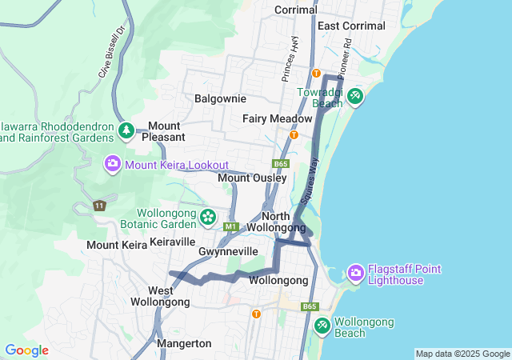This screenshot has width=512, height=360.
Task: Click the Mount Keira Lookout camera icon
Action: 113,164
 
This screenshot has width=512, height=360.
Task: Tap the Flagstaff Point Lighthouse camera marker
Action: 356,274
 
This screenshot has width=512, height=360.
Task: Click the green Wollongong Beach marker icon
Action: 322,326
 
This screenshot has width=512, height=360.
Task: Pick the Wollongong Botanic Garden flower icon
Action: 208,217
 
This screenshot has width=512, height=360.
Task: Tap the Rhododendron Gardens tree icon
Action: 126,130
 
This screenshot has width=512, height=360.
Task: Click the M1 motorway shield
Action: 231,227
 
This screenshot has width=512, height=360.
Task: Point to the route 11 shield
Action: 99,206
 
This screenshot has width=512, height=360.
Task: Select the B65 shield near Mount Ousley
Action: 280,164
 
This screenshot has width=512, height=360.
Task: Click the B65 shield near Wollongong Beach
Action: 310,306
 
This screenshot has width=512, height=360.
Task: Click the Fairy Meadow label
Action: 278,118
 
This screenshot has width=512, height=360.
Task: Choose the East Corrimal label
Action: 351,26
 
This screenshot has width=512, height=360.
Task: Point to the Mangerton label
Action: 184,343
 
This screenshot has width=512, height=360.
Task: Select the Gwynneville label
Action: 228,251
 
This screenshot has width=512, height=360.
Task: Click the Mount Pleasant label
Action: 164,131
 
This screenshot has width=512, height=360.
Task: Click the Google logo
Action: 26,350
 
